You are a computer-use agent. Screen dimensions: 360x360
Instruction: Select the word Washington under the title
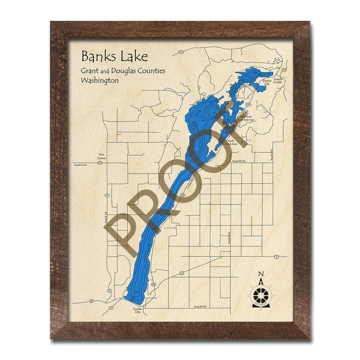pos(99,80)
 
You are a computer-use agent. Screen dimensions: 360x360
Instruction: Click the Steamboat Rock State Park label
pos(247,118)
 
